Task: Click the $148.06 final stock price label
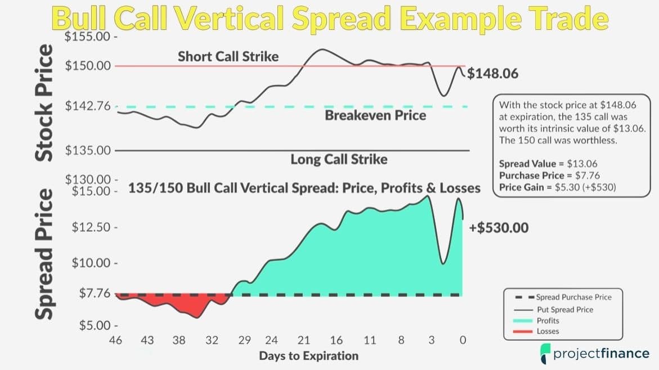492,74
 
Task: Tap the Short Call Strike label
228,56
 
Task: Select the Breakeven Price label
375,115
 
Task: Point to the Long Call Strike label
339,159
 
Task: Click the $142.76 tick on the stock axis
88,105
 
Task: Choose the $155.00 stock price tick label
87,37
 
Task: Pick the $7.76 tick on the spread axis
95,293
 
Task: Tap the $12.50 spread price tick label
91,227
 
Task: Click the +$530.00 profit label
499,228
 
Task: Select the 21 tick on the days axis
303,340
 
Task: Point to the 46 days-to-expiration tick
115,340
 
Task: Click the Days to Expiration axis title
309,356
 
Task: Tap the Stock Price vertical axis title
44,103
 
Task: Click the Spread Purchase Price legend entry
563,297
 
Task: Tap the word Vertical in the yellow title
229,19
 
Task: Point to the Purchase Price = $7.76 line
549,175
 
